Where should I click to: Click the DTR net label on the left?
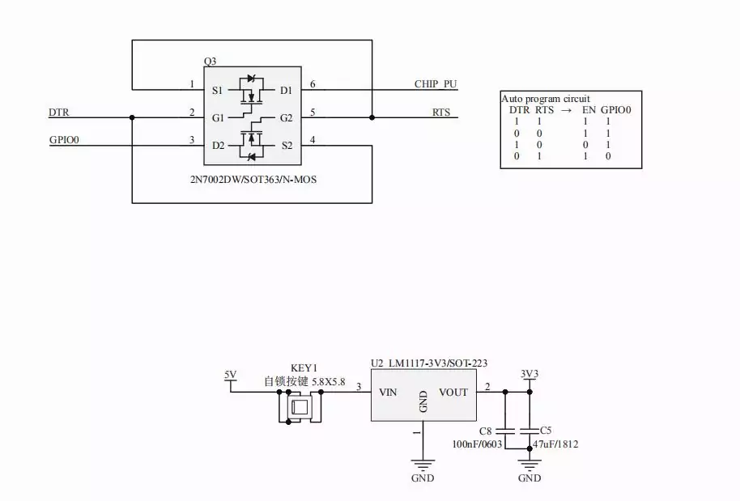click(x=58, y=113)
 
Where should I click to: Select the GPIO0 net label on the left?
click(x=64, y=140)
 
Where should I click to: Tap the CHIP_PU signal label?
click(x=436, y=84)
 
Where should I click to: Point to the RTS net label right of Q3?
click(x=441, y=113)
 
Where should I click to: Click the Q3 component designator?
click(x=210, y=62)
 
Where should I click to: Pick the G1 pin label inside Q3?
click(x=218, y=117)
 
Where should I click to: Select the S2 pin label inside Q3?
click(x=287, y=146)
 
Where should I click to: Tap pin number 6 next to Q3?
click(x=313, y=84)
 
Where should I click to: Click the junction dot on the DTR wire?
click(x=131, y=117)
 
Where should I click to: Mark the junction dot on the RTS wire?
click(x=372, y=117)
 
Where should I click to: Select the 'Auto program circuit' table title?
click(x=546, y=98)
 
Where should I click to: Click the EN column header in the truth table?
click(x=589, y=109)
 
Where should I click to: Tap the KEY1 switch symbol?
click(x=300, y=406)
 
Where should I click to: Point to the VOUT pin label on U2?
click(x=453, y=393)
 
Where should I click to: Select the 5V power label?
click(x=231, y=374)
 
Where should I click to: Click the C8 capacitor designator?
click(x=486, y=430)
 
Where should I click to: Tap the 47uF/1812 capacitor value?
click(x=555, y=444)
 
